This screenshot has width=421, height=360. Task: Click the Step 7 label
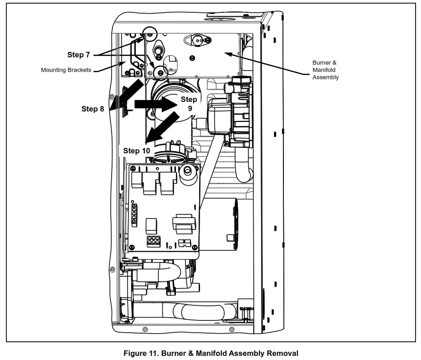[x=78, y=55]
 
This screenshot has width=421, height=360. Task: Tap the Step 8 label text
[x=92, y=109]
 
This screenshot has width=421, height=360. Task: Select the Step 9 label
[x=189, y=104]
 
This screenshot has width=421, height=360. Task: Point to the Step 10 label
[x=136, y=151]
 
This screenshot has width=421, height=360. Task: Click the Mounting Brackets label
[x=66, y=70]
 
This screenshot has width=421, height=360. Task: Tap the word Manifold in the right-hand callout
[x=325, y=70]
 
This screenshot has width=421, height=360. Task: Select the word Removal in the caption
[x=284, y=353]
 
